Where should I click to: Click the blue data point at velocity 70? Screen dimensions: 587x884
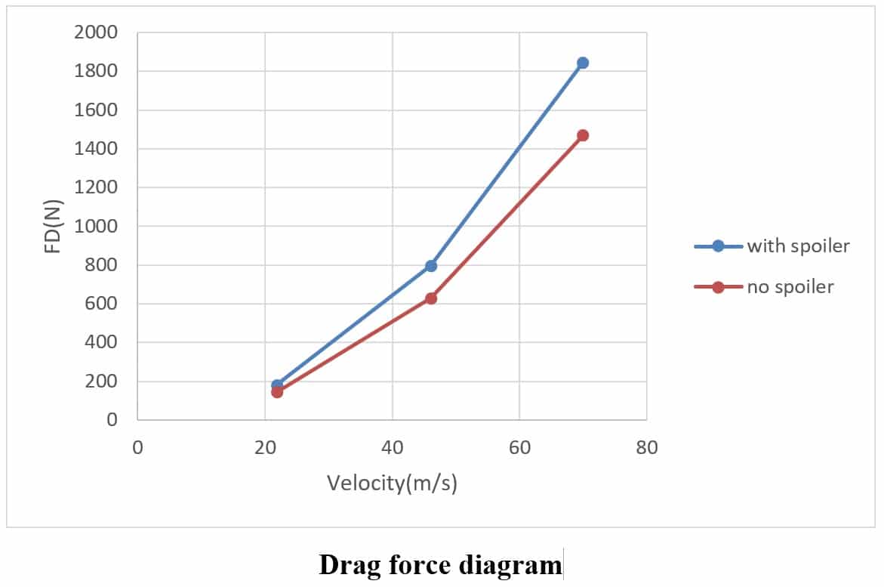pos(582,63)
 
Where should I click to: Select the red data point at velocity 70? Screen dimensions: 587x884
pos(582,135)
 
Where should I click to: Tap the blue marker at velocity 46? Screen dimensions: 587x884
pos(431,266)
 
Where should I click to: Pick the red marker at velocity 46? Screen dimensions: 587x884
pos(431,298)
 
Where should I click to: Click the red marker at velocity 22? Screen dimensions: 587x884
pos(277,392)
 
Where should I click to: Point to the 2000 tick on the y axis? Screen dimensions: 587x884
pos(96,32)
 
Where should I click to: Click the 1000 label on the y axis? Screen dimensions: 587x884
pos(96,226)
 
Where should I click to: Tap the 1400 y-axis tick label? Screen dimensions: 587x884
pos(96,149)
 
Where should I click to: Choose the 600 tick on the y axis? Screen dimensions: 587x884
pos(101,304)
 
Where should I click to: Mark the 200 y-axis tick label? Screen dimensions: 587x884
pos(101,382)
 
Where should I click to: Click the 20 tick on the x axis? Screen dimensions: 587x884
pos(265,447)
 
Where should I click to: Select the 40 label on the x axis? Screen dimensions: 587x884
pos(392,447)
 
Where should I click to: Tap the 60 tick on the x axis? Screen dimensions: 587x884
pos(519,447)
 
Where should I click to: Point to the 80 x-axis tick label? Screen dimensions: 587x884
pos(647,447)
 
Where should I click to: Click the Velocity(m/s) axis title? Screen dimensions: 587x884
pos(392,483)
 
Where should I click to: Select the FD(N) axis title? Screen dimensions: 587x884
pos(53,226)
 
